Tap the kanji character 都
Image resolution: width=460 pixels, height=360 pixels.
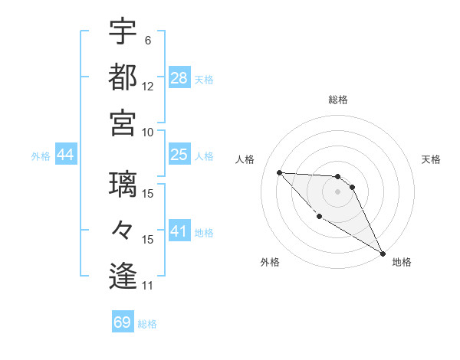click(122, 77)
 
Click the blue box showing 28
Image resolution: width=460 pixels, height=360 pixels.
click(179, 77)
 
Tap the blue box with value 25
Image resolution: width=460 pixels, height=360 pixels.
click(179, 155)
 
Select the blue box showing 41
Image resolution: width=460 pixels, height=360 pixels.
click(179, 231)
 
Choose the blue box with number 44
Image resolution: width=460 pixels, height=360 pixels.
click(66, 155)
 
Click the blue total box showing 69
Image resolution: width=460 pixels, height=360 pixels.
click(123, 322)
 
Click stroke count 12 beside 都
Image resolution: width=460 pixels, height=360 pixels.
click(148, 87)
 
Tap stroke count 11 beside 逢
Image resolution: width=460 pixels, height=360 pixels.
click(148, 286)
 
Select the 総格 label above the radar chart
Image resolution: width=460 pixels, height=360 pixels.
click(338, 100)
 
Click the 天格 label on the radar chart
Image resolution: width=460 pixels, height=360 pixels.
click(431, 160)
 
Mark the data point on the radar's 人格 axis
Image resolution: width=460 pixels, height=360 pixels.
click(280, 172)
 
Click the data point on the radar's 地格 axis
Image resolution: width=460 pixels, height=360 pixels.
click(383, 254)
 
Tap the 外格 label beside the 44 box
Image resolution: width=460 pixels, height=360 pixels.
click(41, 156)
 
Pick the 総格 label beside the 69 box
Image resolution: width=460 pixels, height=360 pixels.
click(147, 324)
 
